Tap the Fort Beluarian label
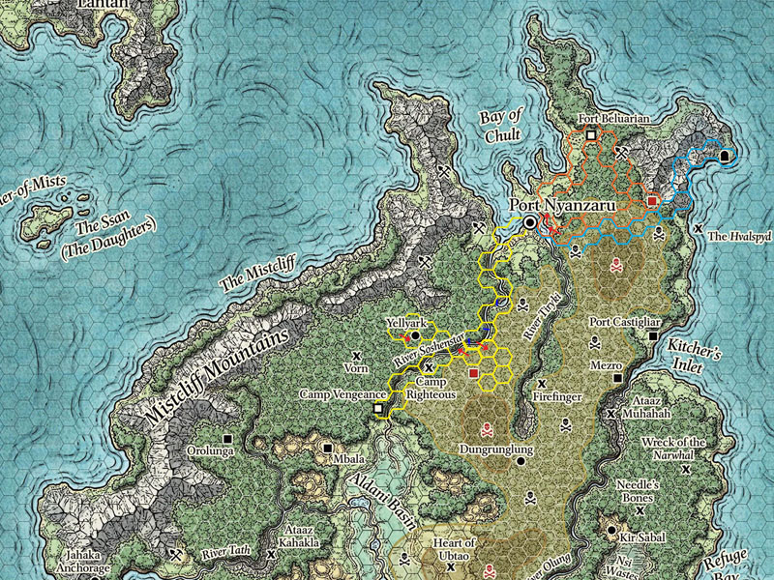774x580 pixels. pyautogui.click(x=612, y=119)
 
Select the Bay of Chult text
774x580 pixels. pyautogui.click(x=501, y=126)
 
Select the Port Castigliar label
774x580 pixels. pyautogui.click(x=625, y=322)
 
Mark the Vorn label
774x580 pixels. pyautogui.click(x=357, y=368)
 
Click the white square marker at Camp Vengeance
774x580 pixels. pyautogui.click(x=378, y=410)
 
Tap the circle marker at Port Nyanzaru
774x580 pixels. pyautogui.click(x=530, y=223)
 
